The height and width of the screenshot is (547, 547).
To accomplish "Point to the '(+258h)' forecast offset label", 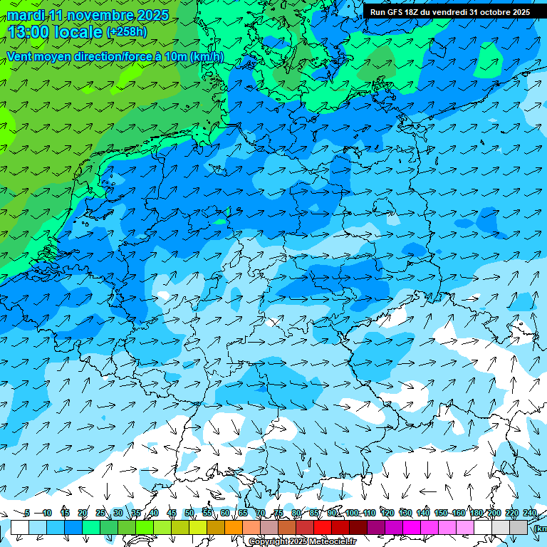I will coord(127,32).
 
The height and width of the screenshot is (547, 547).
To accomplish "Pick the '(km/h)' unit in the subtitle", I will coord(207,56).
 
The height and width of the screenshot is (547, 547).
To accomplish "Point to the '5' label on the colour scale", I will coord(27,514).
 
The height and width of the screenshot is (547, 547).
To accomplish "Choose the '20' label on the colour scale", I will coord(83,514).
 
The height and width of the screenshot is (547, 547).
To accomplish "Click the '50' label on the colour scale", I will coord(189,514).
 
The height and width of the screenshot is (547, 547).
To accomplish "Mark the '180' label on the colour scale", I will coord(476,514).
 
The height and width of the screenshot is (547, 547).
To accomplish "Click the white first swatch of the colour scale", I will coord(20,527).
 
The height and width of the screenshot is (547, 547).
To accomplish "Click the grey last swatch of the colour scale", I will coord(519,527).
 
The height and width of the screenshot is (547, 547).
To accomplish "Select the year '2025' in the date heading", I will coord(152,16).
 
